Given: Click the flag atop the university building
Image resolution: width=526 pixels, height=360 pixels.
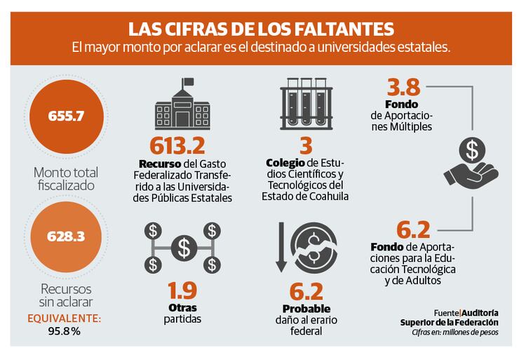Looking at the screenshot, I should point(187,81).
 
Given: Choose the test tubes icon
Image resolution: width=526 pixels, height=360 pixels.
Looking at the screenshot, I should point(305,105).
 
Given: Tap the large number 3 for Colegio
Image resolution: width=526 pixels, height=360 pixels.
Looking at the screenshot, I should point(305,146).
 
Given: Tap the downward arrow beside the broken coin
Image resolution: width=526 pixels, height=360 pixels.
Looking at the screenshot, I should point(279,246).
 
